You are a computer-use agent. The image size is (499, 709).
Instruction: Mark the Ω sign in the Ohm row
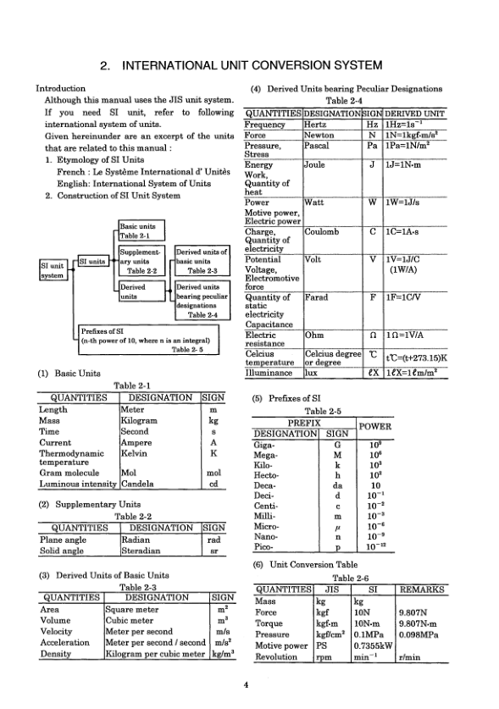373,335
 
